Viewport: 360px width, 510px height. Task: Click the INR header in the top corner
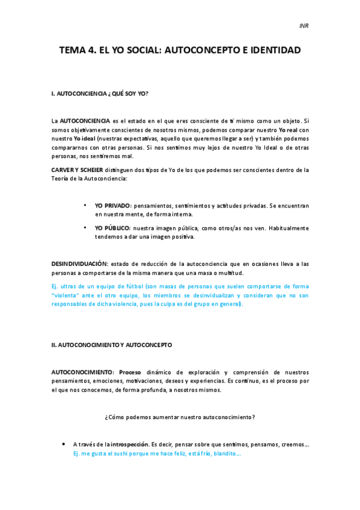304,26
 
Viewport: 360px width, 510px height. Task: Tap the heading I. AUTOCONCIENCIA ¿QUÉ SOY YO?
100,94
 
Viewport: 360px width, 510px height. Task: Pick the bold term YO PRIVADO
112,206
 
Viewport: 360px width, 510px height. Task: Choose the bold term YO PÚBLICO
112,229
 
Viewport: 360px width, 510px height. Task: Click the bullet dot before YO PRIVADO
85,206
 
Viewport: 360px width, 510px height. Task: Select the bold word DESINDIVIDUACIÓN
79,264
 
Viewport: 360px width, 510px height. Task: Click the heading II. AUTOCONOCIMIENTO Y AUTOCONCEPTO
112,345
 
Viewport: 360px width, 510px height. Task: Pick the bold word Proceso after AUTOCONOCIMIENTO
130,372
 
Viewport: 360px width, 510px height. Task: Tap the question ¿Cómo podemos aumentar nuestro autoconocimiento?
180,417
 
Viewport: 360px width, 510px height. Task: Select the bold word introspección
129,444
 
